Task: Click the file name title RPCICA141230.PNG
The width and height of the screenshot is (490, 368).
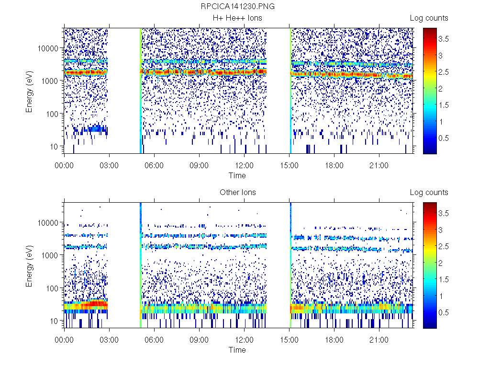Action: pos(237,7)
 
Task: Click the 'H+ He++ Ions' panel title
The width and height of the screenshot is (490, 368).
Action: pos(237,18)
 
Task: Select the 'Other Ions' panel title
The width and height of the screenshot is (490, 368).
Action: pos(237,193)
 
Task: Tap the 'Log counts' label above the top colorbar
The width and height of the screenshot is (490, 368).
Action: pos(429,18)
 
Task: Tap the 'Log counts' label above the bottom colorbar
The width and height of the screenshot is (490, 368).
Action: pos(429,193)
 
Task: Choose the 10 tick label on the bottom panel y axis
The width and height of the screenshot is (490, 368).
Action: pos(54,321)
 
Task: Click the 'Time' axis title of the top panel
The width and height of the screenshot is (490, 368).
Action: pos(237,175)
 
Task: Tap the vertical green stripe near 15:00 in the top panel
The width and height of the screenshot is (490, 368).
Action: pos(290,91)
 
